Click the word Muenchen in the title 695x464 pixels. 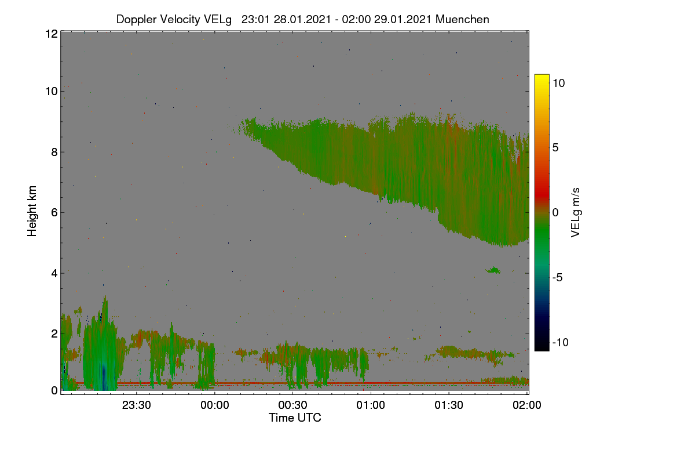pos(462,19)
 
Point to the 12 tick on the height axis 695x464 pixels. pos(52,34)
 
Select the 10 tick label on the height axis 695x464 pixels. pos(52,92)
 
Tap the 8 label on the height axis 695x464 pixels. pos(54,152)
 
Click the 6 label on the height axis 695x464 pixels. pos(54,213)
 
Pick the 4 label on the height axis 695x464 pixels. pos(54,273)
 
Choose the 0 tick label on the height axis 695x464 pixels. pos(54,390)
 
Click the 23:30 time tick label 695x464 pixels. pos(137,405)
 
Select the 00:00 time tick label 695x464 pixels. pos(215,405)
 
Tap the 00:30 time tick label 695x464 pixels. pos(292,405)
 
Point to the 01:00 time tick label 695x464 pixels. pos(371,405)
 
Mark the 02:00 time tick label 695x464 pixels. pos(527,405)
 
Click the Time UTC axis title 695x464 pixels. pos(295,418)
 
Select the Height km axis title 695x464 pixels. pos(32,211)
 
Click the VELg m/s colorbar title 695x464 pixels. pos(576,213)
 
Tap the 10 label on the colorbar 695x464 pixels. pos(559,84)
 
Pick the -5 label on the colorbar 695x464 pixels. pos(558,277)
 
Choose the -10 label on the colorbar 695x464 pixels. pos(561,342)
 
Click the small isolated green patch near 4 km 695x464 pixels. pos(493,270)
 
